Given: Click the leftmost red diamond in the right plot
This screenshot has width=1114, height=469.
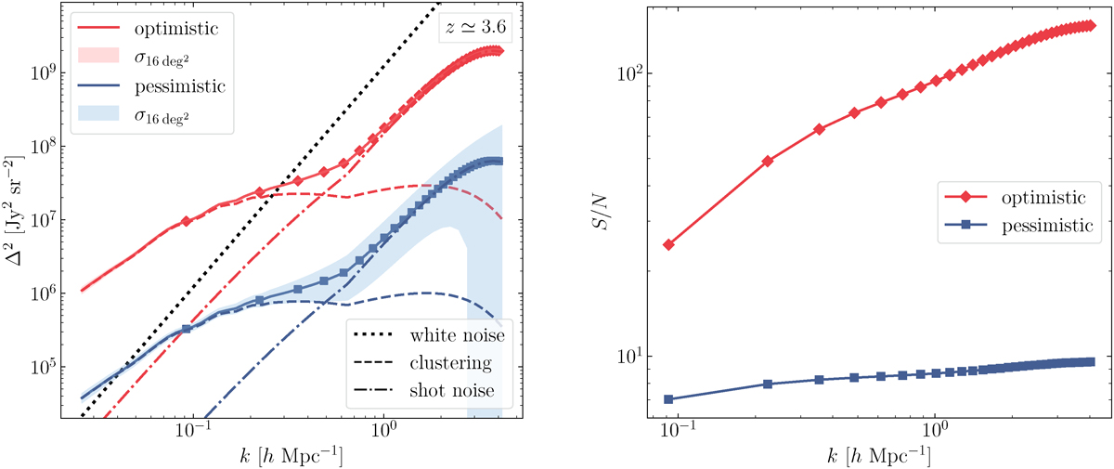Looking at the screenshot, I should pyautogui.click(x=667, y=244).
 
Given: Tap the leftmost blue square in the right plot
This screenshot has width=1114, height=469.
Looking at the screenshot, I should pyautogui.click(x=667, y=399).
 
